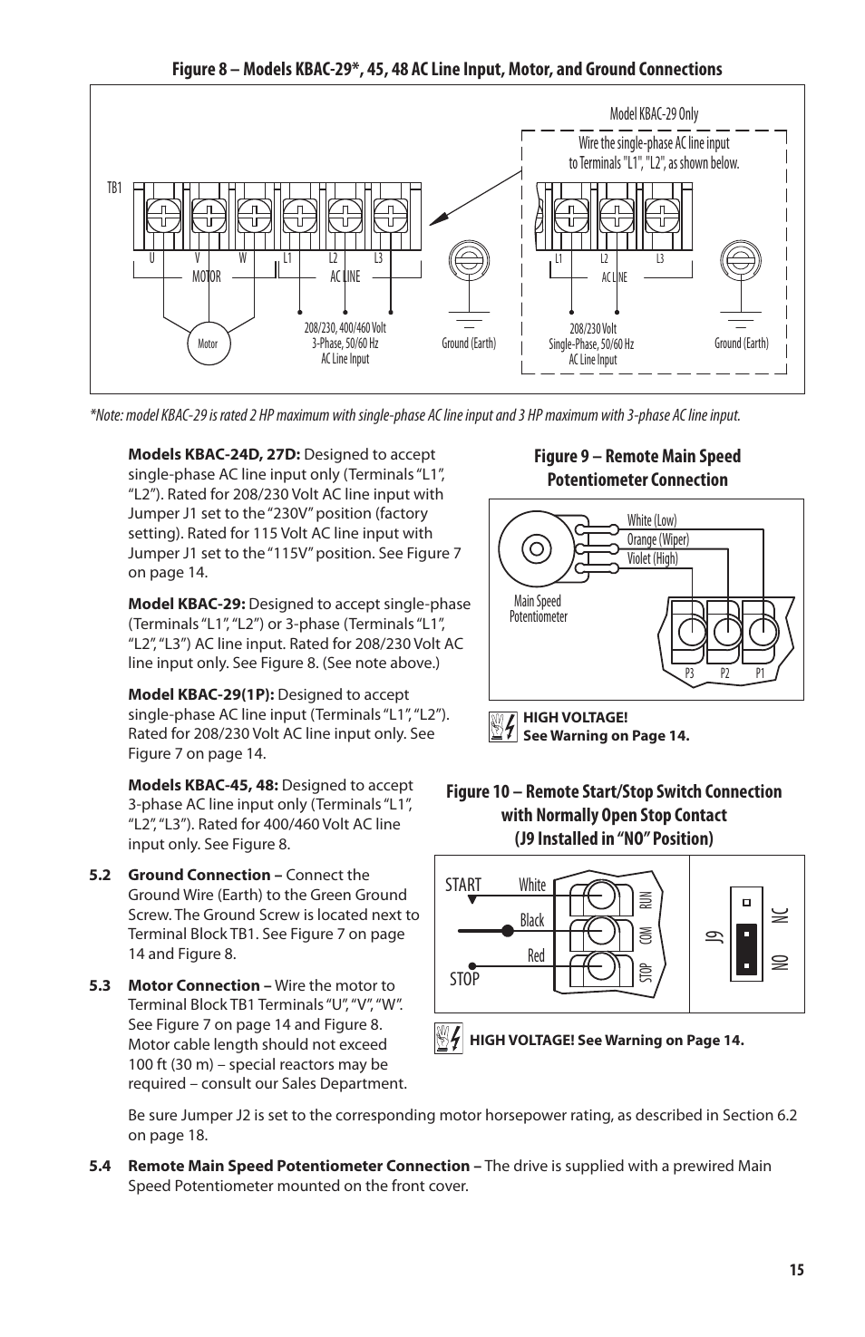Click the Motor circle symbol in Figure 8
tap(208, 344)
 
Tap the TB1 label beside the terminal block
tap(114, 189)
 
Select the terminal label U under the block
tap(151, 258)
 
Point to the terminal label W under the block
tap(242, 258)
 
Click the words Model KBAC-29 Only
tap(654, 114)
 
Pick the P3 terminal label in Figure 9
tap(689, 673)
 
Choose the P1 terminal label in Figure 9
tap(760, 673)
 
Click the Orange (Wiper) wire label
tap(657, 539)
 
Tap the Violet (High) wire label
tap(652, 558)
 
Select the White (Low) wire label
tap(651, 520)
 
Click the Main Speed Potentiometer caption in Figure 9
tap(538, 608)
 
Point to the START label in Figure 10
tap(462, 886)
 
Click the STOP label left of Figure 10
tap(463, 979)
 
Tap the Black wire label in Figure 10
tap(532, 921)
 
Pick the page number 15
tap(796, 1270)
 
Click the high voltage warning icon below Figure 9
tap(501, 727)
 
